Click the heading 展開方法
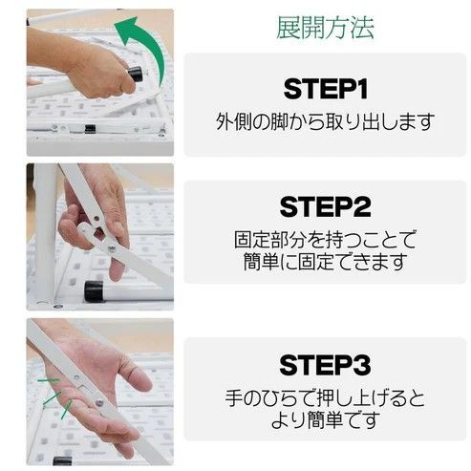pos(324,27)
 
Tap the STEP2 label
pos(325,206)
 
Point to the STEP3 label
pos(325,364)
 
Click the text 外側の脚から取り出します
pos(325,122)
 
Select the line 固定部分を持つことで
pos(325,239)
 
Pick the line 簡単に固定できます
pos(325,261)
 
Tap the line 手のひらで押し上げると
pos(325,396)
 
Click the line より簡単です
pos(325,418)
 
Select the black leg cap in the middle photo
pos(94,289)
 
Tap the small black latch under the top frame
pos(88,128)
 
